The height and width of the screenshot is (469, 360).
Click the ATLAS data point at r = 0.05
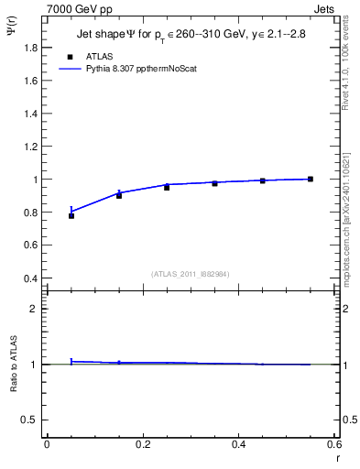click(71, 216)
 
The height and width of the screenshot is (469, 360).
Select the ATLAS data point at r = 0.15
click(119, 195)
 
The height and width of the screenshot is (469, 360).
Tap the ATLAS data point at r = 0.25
click(167, 187)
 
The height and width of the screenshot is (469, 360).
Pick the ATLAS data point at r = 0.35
click(215, 183)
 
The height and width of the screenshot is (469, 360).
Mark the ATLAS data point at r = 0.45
click(263, 180)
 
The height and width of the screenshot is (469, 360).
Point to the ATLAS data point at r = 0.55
click(311, 179)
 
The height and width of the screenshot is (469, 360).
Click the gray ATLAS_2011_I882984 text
click(191, 274)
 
